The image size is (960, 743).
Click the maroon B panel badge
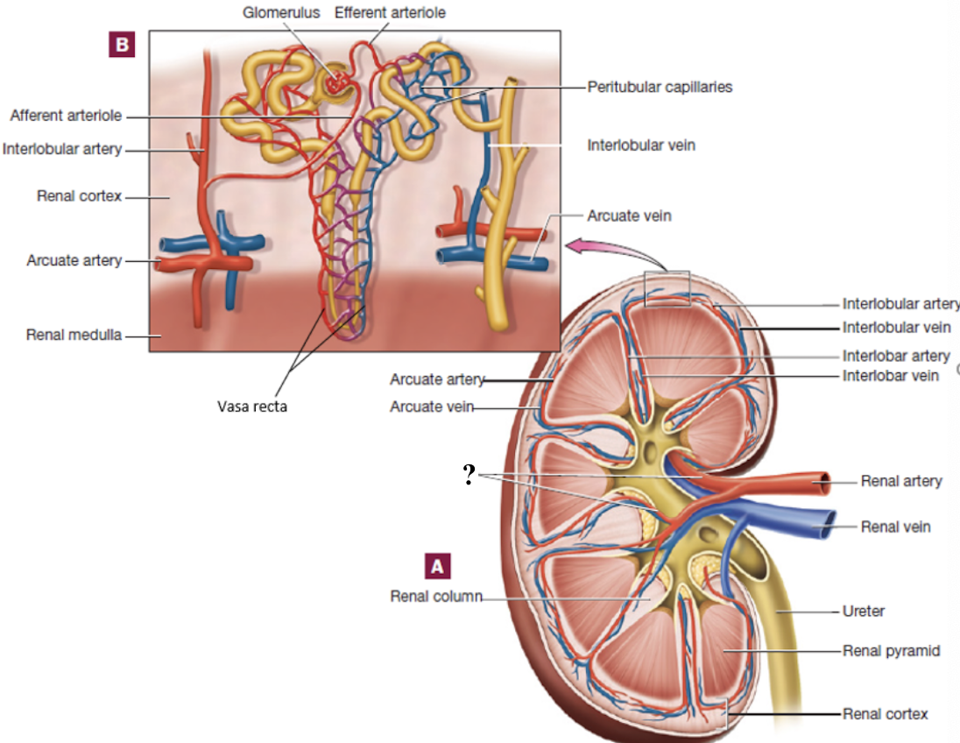coord(121,44)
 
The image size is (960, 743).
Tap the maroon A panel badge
coord(437,566)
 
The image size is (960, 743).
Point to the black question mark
coord(470,475)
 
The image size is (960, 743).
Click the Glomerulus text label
coord(281,13)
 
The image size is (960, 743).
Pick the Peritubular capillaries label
coord(660,87)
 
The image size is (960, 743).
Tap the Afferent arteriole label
coord(66,116)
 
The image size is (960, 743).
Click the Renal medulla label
coord(73,334)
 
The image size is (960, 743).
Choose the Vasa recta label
coord(252,406)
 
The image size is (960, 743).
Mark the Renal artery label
coord(901,481)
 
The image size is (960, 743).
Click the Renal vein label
coord(895,527)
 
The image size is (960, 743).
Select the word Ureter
coord(863,611)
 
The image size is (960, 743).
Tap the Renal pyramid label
coord(891,651)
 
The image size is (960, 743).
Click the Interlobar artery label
coord(896,356)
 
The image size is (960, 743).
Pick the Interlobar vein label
coord(891,375)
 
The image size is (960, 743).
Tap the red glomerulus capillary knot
coord(335,83)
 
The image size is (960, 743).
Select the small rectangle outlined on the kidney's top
coord(667,289)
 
